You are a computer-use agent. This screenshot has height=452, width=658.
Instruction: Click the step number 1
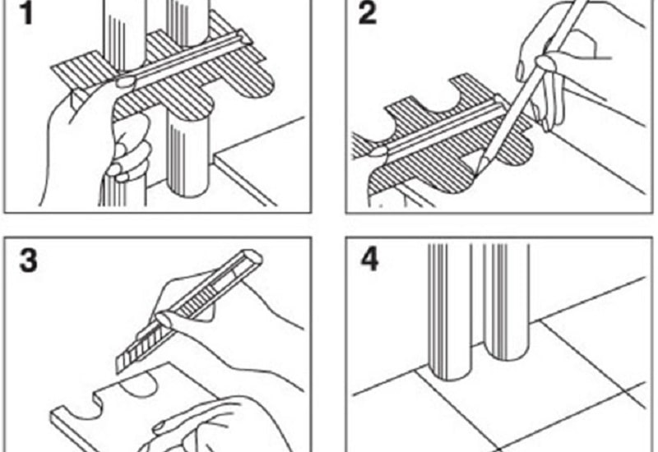point(27,13)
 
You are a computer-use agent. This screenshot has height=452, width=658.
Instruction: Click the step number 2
point(368,13)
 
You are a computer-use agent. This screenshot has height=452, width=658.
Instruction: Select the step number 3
point(29,260)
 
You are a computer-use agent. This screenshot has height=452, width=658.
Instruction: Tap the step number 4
point(370,260)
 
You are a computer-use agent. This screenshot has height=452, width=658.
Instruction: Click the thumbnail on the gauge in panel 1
point(125,81)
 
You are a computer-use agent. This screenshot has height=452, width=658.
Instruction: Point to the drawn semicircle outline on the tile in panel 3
point(139,385)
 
